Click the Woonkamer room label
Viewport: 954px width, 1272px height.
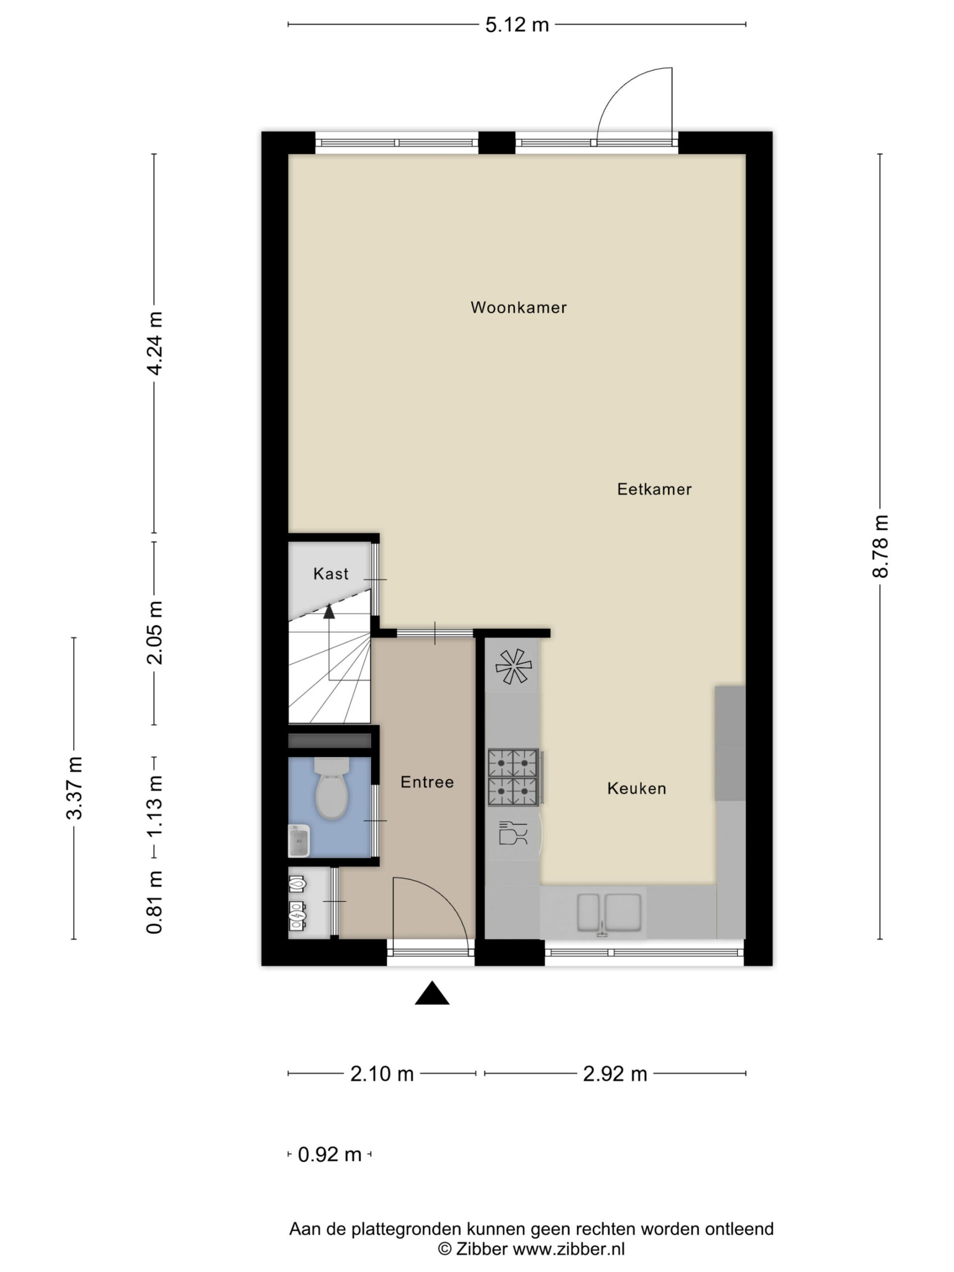pos(518,307)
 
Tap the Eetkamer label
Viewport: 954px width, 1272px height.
pos(654,489)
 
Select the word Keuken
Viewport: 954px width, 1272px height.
pos(636,788)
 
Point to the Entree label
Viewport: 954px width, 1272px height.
pos(427,782)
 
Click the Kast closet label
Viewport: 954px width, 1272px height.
pos(331,573)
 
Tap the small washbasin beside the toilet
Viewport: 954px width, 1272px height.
pos(299,841)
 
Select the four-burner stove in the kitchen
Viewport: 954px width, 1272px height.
pos(513,776)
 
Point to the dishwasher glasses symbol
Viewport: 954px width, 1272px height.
pos(513,833)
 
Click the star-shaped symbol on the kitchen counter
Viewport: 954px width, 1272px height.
pos(513,666)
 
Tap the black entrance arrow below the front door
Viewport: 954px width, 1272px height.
pos(432,993)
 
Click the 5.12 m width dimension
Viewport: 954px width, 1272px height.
pos(517,25)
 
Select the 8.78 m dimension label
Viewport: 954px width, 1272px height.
pos(880,546)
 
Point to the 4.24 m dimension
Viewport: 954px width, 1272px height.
pos(155,343)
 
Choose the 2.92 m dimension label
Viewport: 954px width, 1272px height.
pos(615,1074)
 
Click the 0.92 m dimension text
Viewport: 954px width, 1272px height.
pos(329,1154)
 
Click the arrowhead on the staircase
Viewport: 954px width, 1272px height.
pos(329,611)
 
